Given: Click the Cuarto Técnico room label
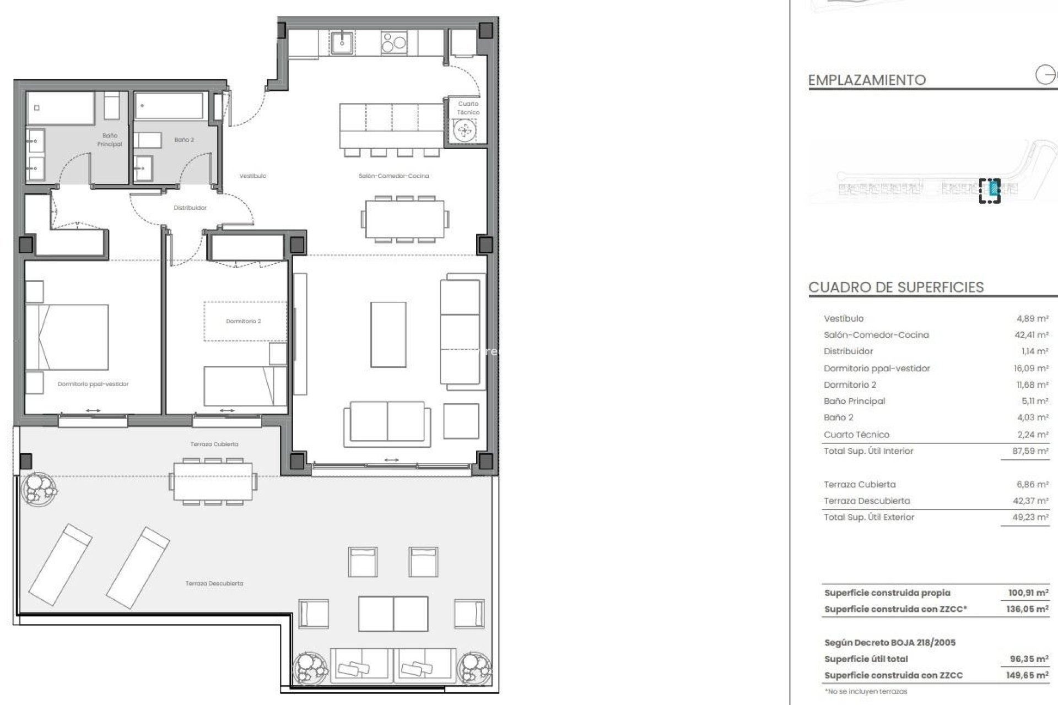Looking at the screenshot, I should click(468, 108).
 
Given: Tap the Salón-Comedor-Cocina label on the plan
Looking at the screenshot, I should click(393, 176).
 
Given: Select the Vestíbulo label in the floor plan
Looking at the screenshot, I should click(253, 176).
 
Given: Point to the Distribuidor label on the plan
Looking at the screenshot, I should click(190, 208).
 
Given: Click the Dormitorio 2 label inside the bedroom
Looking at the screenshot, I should click(244, 321).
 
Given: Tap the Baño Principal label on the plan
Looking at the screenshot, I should click(110, 140).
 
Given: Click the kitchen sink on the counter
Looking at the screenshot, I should click(343, 42).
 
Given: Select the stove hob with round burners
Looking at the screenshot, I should click(394, 42).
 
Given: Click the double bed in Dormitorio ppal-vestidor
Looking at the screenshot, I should click(67, 337).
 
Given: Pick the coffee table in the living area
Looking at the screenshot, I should click(388, 334).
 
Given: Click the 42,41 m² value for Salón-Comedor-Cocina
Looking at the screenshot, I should click(1032, 335).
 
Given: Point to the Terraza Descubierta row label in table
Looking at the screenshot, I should click(867, 501).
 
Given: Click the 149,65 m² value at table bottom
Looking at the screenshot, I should click(1027, 675).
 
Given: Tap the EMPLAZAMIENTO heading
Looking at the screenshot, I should click(867, 80).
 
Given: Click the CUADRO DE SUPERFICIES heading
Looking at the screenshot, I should click(896, 288).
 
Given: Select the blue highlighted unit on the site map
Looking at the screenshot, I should click(994, 189).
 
